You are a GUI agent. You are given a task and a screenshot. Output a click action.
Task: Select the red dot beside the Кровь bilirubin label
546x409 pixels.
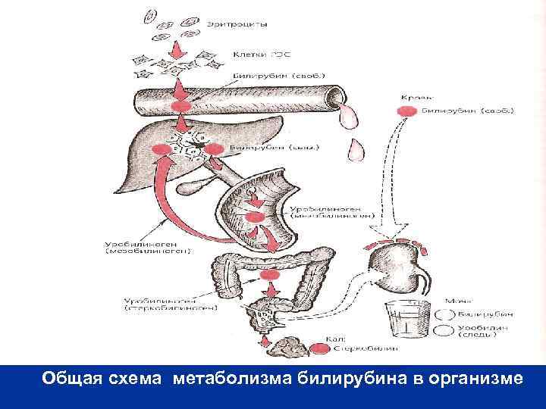pos(405,111)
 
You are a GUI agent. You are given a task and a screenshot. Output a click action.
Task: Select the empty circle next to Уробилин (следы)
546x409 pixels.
pos(444,330)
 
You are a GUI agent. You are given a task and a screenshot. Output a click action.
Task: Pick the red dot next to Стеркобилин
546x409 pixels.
pos(322,349)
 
